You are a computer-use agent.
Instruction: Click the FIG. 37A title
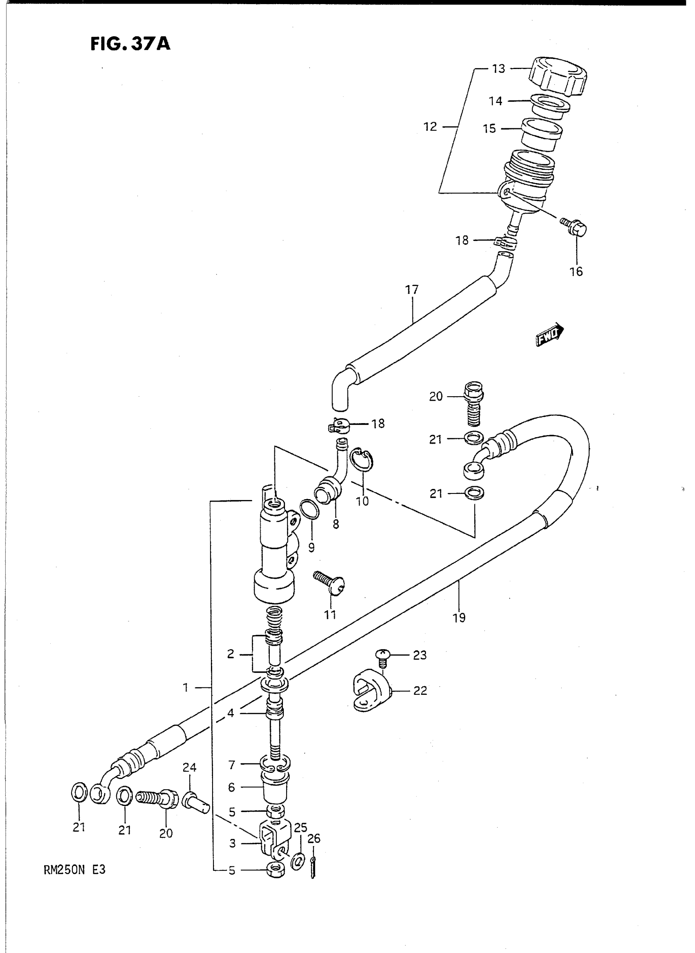(130, 44)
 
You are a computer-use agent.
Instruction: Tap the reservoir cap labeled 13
(558, 77)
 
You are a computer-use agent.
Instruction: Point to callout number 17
(412, 290)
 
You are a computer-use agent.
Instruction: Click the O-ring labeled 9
(310, 509)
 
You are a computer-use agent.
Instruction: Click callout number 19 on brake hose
(460, 618)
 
